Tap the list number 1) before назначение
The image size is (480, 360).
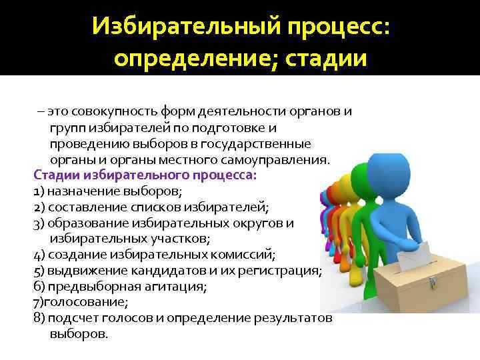(x=39, y=191)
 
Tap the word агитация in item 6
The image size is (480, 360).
(x=181, y=287)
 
